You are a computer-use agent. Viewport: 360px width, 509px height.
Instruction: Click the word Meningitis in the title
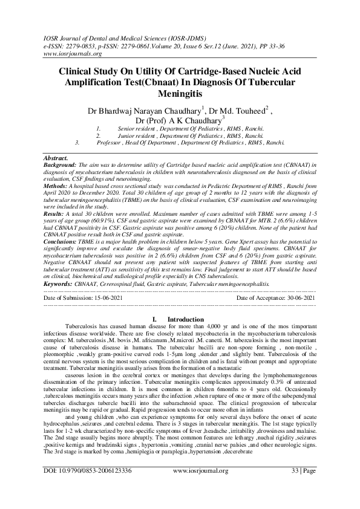coord(178,94)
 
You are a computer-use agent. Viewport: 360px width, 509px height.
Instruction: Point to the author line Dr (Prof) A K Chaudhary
coord(178,121)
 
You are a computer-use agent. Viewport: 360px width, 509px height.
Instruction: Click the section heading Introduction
coord(185,319)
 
